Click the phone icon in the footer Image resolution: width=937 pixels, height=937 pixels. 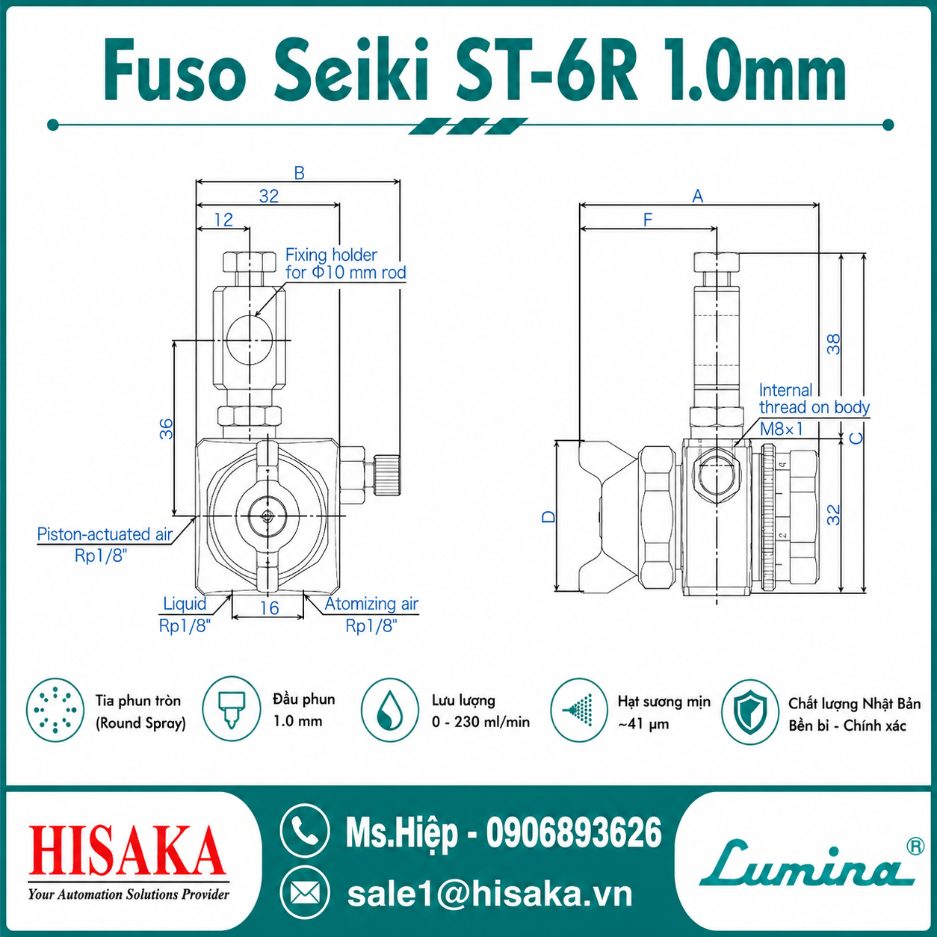305,831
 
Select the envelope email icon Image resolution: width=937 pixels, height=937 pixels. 305,893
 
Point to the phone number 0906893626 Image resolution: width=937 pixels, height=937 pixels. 574,832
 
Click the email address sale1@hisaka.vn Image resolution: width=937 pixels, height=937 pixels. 489,894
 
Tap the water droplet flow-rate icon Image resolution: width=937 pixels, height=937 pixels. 389,711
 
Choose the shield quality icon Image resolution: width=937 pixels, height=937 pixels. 749,711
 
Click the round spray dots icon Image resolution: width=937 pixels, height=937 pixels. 55,711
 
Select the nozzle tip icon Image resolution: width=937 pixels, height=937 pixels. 232,709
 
